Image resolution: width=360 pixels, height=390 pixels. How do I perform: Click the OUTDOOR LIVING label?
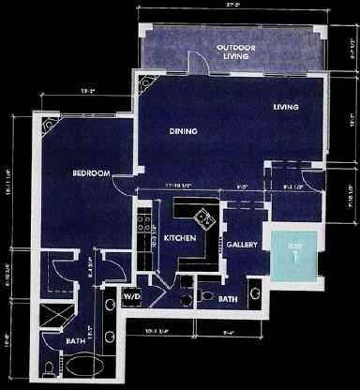pyautogui.click(x=234, y=51)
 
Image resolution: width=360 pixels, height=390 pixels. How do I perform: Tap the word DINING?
pyautogui.click(x=182, y=132)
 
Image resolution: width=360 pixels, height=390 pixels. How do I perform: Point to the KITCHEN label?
pyautogui.click(x=179, y=239)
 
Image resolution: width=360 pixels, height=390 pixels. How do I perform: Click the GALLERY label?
pyautogui.click(x=242, y=245)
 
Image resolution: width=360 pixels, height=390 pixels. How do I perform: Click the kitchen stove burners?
pyautogui.click(x=144, y=227)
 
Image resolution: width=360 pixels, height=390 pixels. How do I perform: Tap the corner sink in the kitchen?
pyautogui.click(x=203, y=222)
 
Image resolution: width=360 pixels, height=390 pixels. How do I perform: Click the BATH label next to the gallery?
pyautogui.click(x=228, y=300)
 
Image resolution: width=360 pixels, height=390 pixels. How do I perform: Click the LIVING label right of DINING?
pyautogui.click(x=285, y=107)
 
